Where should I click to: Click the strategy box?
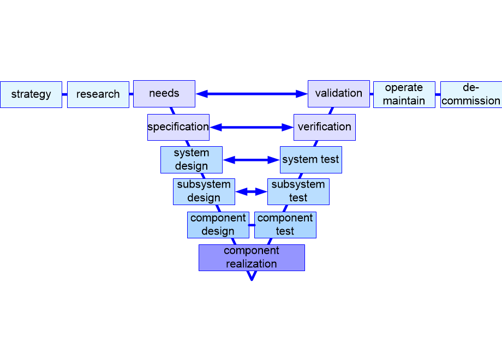point(31,95)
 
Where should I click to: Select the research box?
point(98,95)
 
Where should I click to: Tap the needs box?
point(164,94)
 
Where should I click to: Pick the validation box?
point(339,94)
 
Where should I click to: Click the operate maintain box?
point(404,95)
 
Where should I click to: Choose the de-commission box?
point(471,95)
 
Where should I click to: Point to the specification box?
point(178,127)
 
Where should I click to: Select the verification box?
point(325,127)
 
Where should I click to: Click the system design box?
point(192,160)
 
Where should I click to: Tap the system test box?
point(311,160)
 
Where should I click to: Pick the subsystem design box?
point(204,191)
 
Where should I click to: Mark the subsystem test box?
point(298,191)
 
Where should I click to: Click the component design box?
point(218,225)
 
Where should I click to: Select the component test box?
point(285,225)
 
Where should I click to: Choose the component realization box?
point(252,258)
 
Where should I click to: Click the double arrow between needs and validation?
point(252,94)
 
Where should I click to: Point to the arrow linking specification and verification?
point(252,127)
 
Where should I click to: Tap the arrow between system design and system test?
point(252,160)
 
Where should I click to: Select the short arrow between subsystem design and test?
point(252,191)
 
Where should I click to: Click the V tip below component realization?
point(252,280)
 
